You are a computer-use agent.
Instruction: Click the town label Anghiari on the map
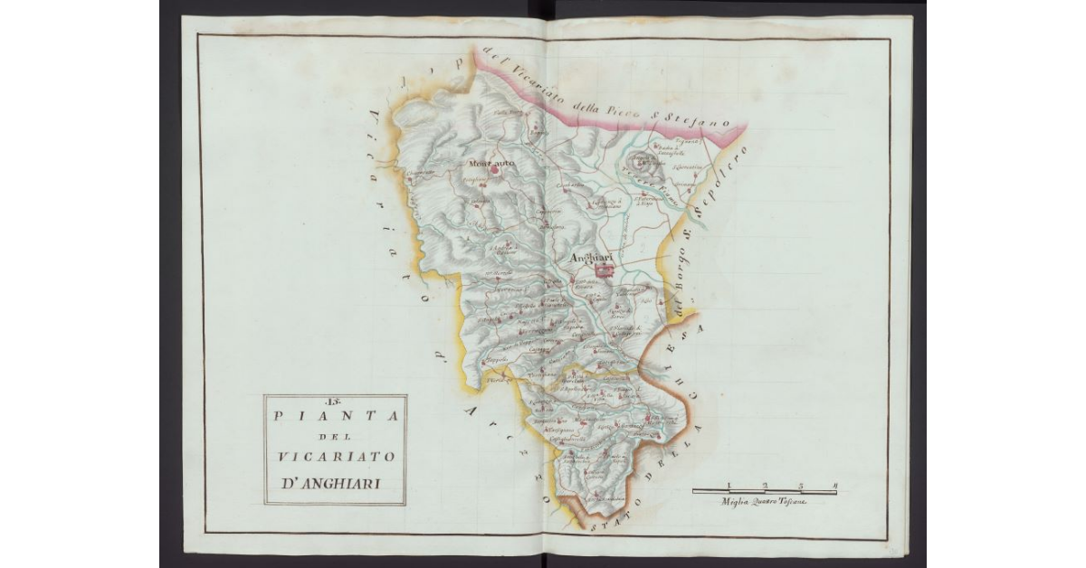pos(594,257)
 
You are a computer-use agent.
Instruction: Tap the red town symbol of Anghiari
pos(605,269)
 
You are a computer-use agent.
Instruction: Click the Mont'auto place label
pos(491,163)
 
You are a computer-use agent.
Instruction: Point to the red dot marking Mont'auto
pos(495,169)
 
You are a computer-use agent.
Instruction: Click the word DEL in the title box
pos(334,437)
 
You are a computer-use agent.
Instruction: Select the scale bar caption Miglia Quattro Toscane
pos(765,501)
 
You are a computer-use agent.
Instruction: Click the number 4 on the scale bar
pos(834,486)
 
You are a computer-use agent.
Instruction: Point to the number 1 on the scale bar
pos(729,486)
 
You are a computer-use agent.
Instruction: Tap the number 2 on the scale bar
pos(765,486)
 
